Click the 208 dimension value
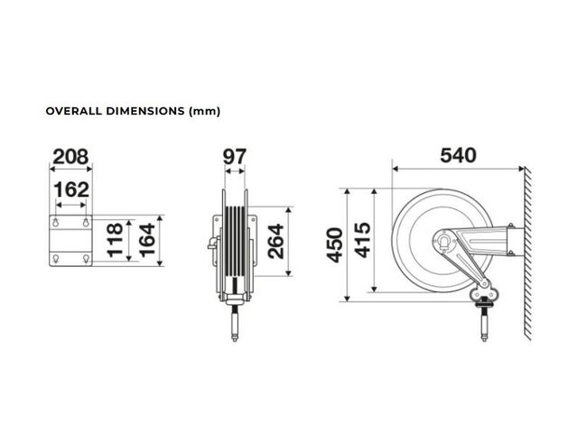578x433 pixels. point(70,157)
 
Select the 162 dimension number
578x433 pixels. point(71,190)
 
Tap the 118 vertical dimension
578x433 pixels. point(115,239)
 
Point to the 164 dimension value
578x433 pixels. point(147,240)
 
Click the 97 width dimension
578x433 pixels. point(235,157)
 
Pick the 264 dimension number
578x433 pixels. point(276,241)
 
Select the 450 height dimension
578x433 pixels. point(335,245)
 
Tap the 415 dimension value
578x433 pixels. point(362,240)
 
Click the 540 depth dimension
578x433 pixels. point(458,155)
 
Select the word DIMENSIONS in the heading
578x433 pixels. point(145,111)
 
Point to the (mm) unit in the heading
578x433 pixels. point(204,111)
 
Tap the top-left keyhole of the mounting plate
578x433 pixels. point(56,223)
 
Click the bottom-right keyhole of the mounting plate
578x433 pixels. point(86,259)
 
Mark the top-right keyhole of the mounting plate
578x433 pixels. point(86,223)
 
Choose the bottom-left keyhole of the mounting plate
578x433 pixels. point(56,259)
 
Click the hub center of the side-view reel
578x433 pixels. point(444,241)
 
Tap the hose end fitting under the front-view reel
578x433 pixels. point(235,325)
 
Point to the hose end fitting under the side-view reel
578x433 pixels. point(484,325)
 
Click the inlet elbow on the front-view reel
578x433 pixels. point(213,243)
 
